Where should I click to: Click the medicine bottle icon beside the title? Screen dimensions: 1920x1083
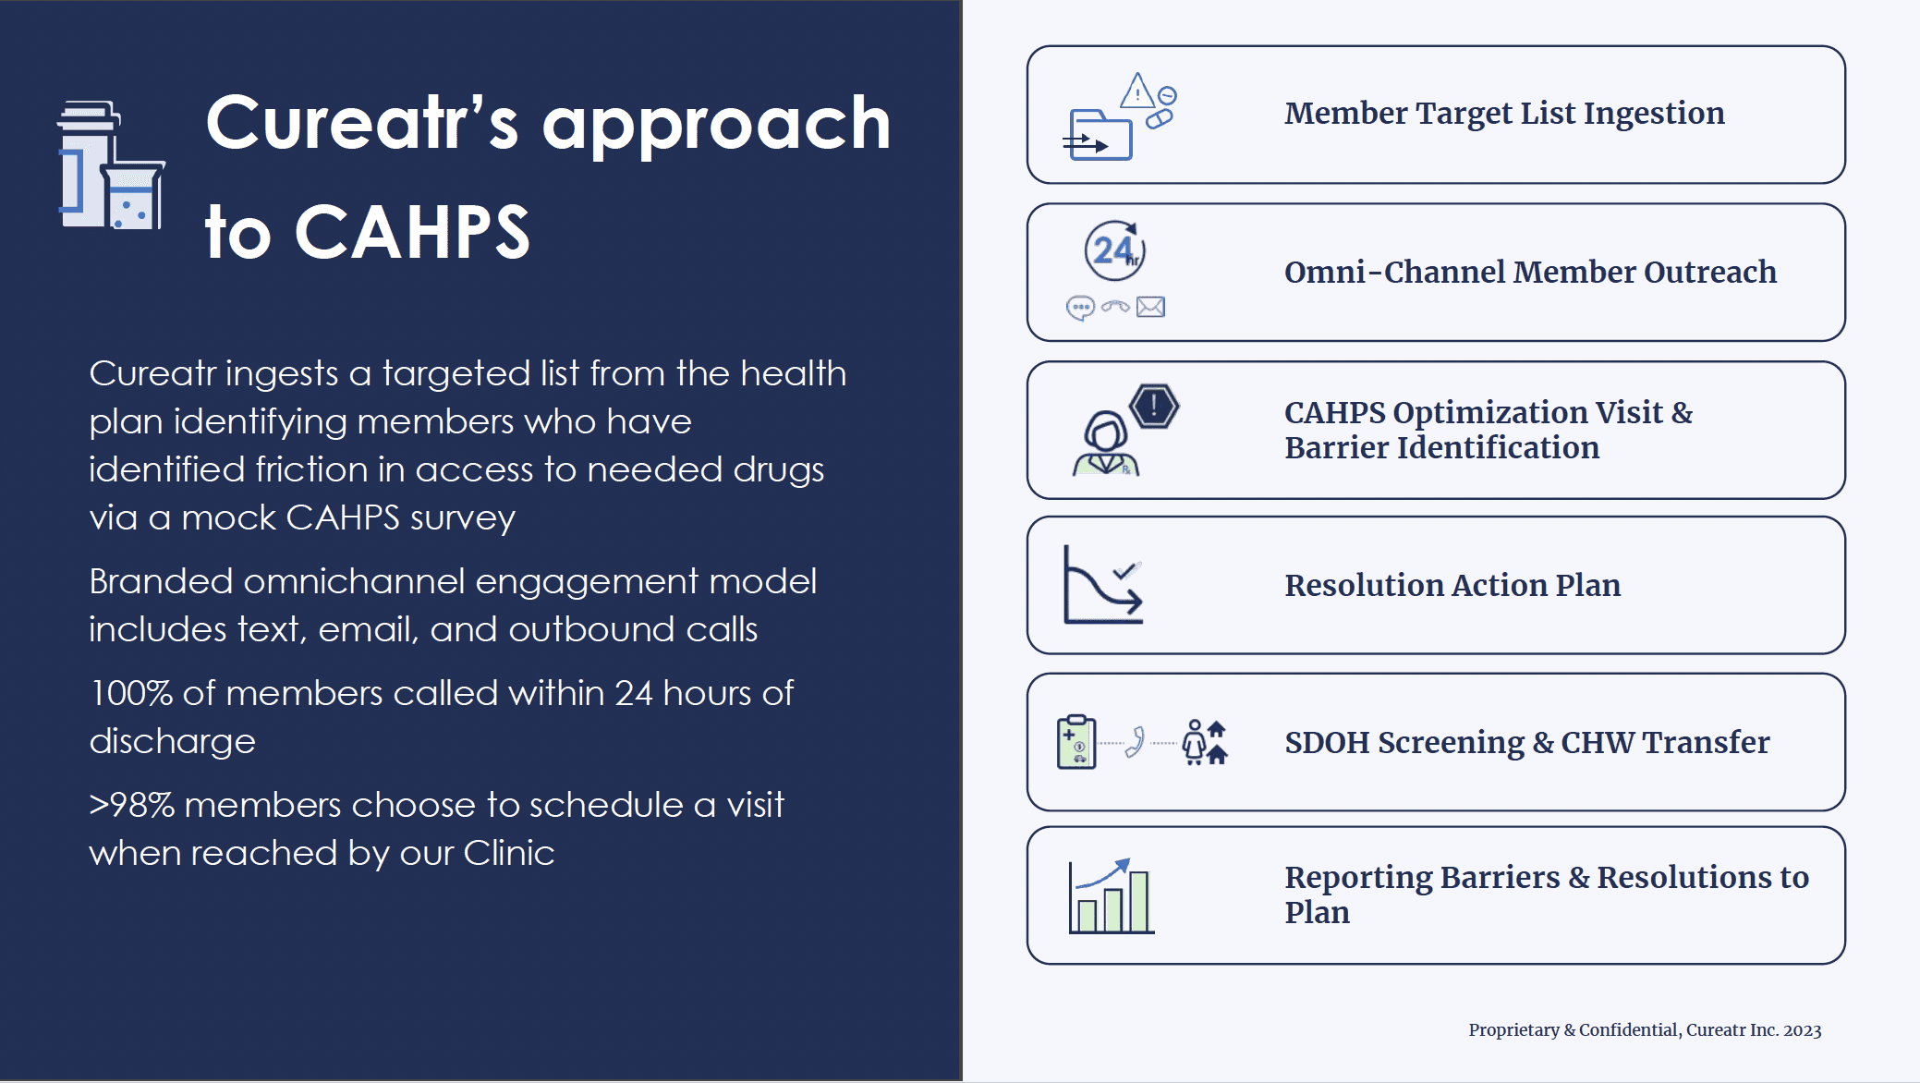point(111,164)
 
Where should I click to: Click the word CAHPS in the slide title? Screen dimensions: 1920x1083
point(412,232)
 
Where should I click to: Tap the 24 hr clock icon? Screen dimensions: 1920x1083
point(1114,250)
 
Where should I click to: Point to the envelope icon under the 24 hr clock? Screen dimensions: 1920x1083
point(1150,307)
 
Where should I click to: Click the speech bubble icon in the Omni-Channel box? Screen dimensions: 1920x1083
point(1080,308)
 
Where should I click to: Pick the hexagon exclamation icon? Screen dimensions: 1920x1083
point(1154,406)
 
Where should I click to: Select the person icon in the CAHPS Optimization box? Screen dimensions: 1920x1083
point(1105,444)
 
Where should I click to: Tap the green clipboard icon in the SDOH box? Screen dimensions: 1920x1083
point(1076,741)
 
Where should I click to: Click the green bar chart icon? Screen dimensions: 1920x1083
point(1112,896)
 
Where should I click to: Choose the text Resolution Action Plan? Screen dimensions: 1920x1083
point(1452,585)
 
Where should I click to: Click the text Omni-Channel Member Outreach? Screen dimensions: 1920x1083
point(1530,272)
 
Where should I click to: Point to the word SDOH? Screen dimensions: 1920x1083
point(1327,742)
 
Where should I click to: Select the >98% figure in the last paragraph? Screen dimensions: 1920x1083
point(132,805)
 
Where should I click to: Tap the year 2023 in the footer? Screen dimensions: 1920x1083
point(1802,1030)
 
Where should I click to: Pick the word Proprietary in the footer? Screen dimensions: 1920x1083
point(1513,1030)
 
